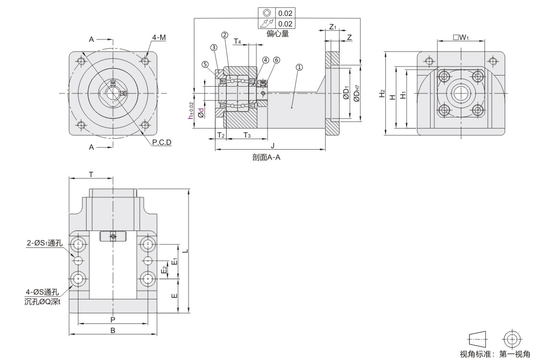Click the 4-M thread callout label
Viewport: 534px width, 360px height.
[x=159, y=38]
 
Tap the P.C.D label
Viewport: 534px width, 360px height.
[x=162, y=142]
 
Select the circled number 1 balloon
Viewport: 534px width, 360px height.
[x=299, y=67]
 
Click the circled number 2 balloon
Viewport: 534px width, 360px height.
[x=225, y=35]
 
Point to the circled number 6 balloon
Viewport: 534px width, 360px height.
[x=277, y=60]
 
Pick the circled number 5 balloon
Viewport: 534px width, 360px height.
[x=205, y=64]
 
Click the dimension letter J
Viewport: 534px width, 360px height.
[x=272, y=145]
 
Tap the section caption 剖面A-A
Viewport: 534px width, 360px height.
[x=267, y=157]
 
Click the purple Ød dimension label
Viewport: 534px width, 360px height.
[x=201, y=113]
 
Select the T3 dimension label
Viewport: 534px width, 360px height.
[x=247, y=136]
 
